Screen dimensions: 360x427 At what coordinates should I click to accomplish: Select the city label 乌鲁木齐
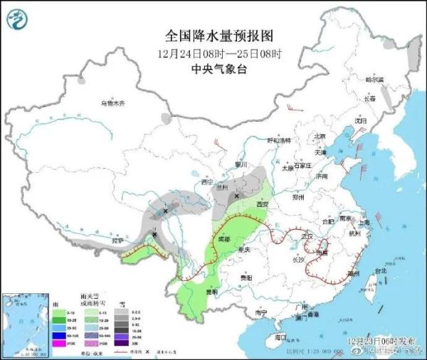[111, 103]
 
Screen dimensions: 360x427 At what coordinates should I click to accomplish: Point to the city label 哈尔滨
[374, 80]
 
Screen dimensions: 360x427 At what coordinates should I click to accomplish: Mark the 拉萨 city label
[115, 241]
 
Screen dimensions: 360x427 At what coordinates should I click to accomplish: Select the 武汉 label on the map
[307, 235]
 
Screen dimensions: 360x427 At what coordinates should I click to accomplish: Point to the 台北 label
[379, 270]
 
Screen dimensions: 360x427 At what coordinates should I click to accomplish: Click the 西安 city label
[262, 204]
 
